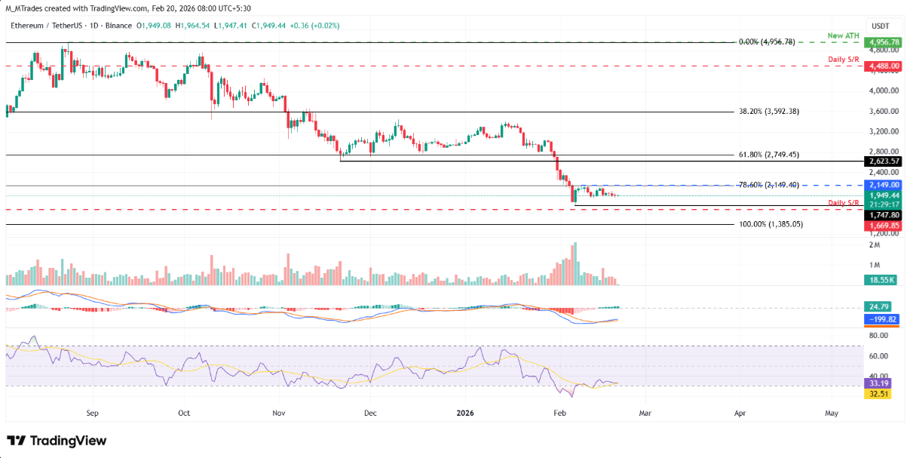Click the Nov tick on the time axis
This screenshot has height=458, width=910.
[279, 413]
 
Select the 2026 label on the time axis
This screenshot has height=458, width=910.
[464, 413]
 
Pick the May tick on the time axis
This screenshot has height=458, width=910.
[832, 413]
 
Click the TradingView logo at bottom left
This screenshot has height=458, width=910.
[57, 441]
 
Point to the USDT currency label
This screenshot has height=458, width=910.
[881, 26]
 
